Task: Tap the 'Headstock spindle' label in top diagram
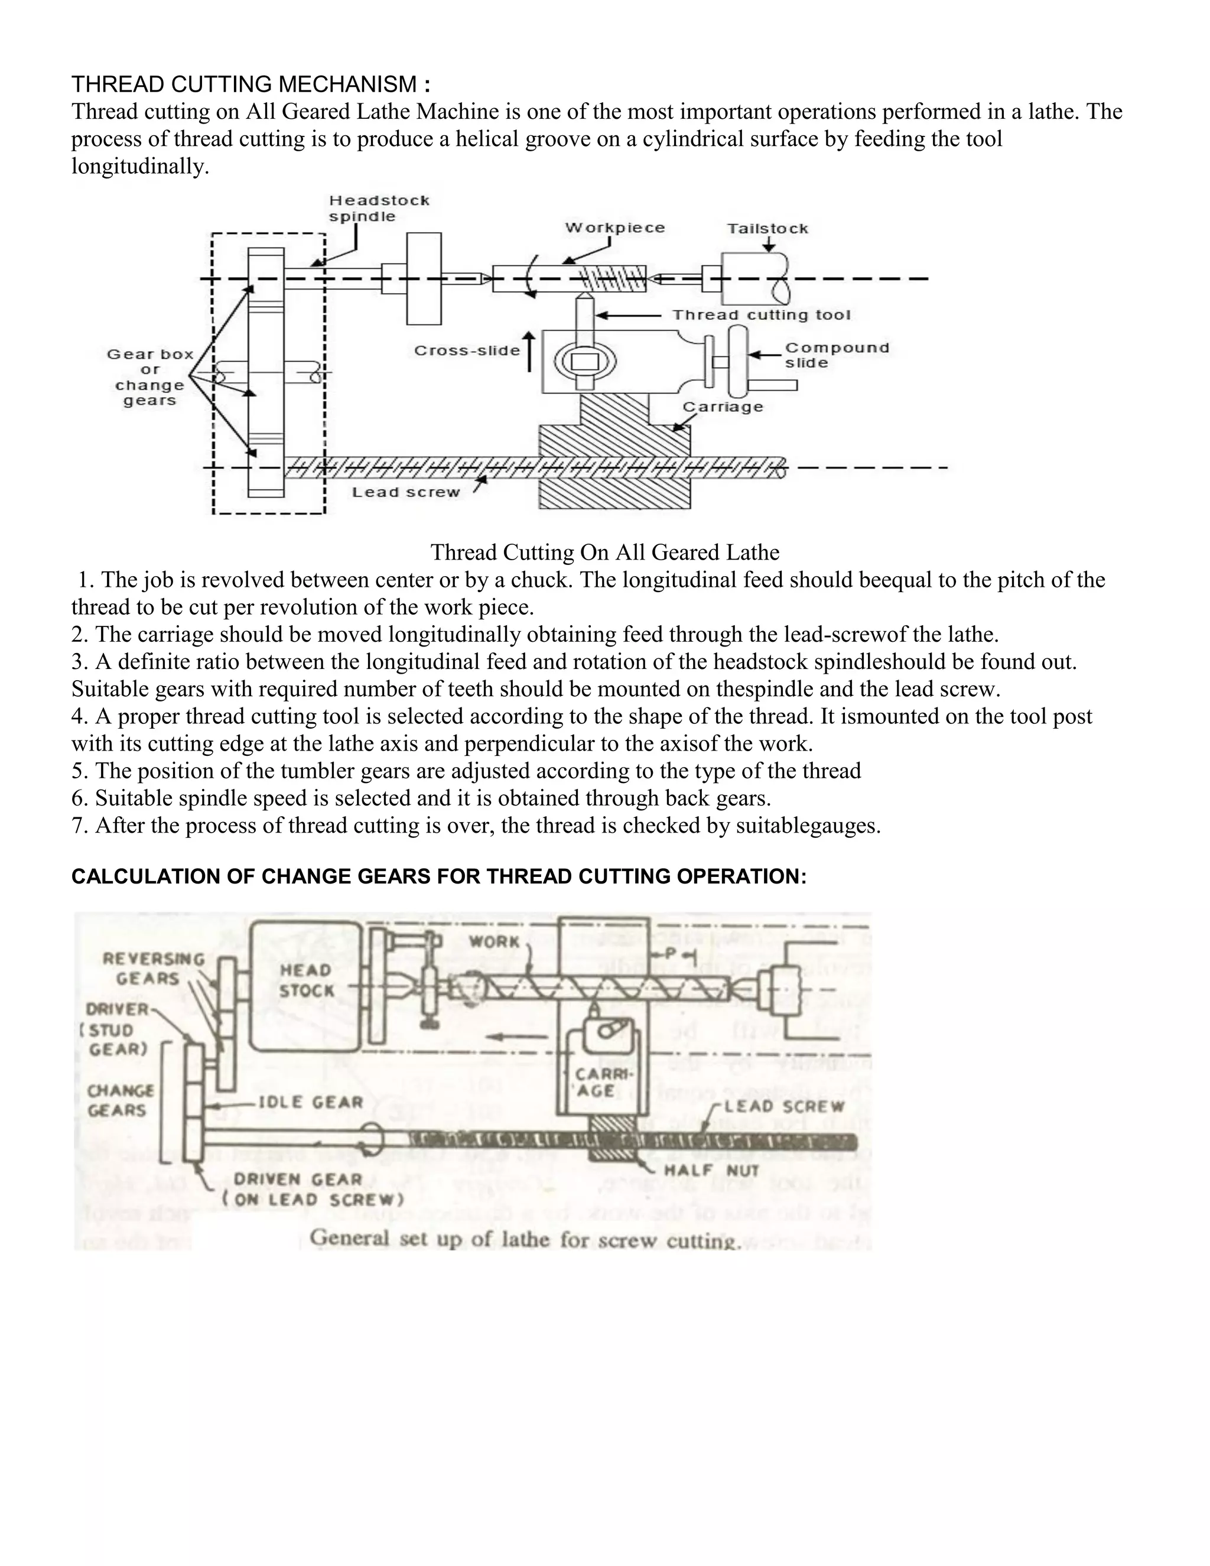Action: coord(379,209)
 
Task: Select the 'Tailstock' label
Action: coord(767,229)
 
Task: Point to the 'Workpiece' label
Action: coord(615,228)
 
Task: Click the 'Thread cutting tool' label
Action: coord(761,315)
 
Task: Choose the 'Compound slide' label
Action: coord(837,355)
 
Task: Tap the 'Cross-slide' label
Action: coord(467,350)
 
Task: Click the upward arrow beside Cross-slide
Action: coord(529,352)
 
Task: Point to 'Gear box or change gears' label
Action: coord(150,377)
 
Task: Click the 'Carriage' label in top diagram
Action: coord(723,407)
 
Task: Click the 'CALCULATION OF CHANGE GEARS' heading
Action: coord(439,876)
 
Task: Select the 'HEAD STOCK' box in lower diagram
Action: coord(306,980)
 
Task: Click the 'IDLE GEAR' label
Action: coord(310,1102)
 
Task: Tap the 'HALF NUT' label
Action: coord(711,1170)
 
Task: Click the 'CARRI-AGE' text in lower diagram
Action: coord(595,1083)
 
